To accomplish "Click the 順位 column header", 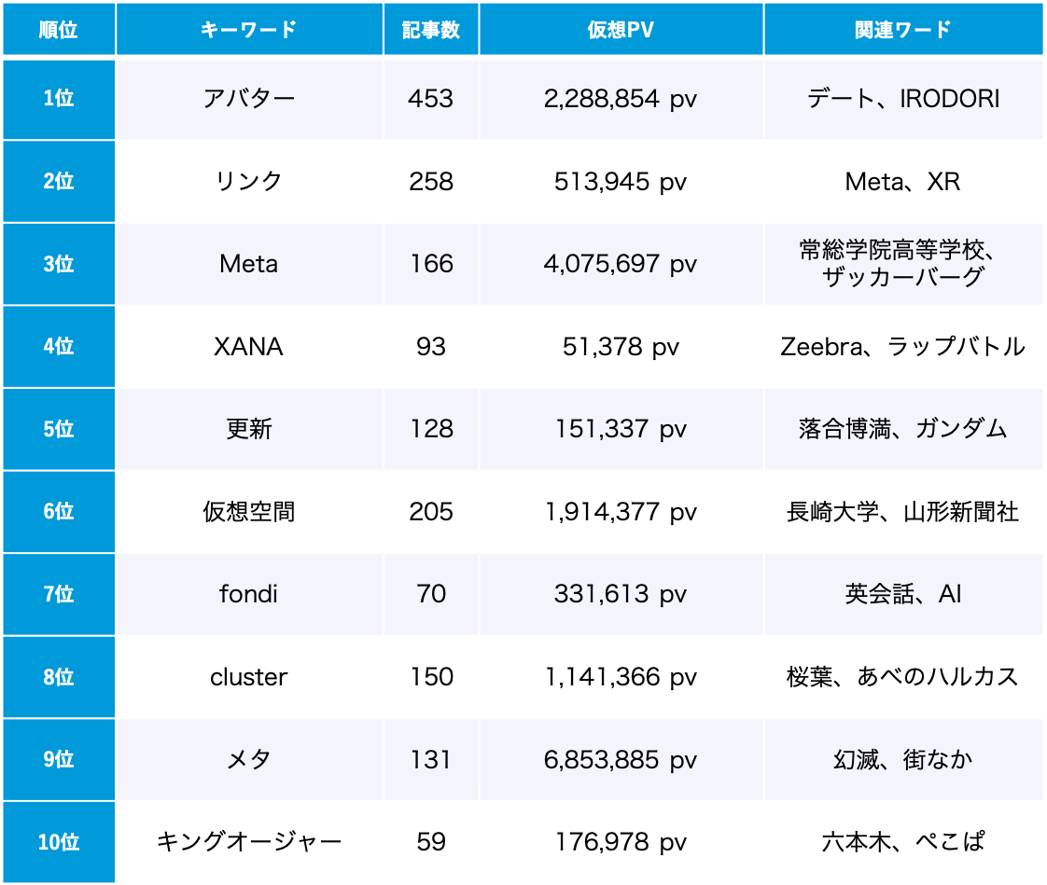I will coord(58,29).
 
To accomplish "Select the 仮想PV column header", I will coord(621,29).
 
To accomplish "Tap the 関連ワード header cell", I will coord(902,29).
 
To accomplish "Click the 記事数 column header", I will coord(431,29).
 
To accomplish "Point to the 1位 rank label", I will coord(58,99).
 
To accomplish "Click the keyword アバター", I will coord(249,99).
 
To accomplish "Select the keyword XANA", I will coord(249,347).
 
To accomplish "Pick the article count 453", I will coord(431,99).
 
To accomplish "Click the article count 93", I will coord(431,347).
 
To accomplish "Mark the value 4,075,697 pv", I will coord(621,264).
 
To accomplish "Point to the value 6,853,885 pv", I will coord(621,760).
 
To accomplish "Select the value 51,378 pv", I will coord(621,347).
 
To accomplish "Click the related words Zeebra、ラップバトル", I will coord(902,347).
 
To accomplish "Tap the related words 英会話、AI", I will coord(902,594).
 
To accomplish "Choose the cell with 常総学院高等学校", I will coord(902,264).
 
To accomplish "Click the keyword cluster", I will coord(249,677).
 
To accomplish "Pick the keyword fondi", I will coord(249,594).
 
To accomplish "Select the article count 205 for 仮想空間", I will coord(431,512).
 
